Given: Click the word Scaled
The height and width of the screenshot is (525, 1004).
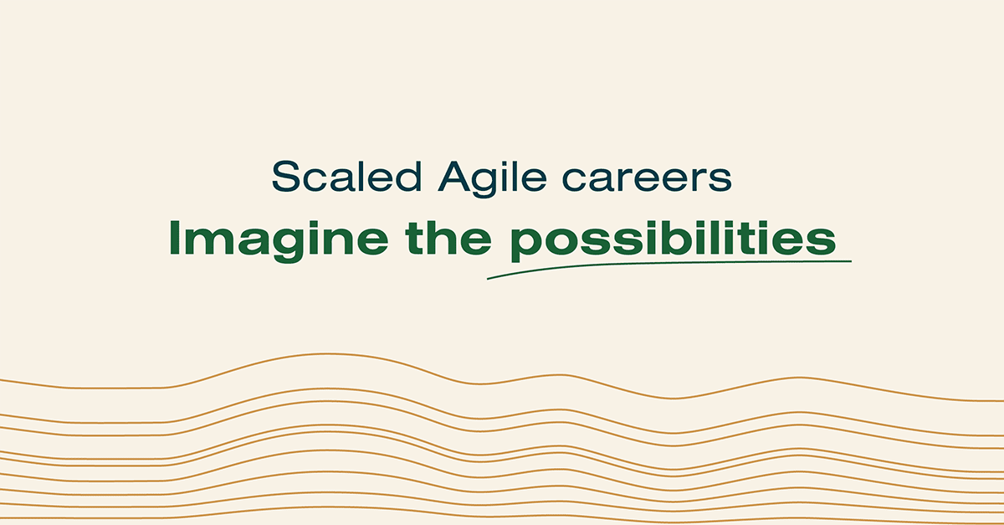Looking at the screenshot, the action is [x=346, y=177].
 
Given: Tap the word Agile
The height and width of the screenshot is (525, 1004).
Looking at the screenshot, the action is [x=493, y=179].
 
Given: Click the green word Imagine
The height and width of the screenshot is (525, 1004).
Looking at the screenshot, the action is [x=279, y=241].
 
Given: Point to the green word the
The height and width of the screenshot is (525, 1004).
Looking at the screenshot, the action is [x=448, y=238].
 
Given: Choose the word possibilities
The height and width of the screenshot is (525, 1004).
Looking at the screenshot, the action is [x=674, y=241].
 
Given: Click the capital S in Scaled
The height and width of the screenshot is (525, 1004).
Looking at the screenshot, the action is [x=285, y=177].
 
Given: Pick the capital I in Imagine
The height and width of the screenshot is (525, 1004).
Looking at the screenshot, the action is [x=174, y=238].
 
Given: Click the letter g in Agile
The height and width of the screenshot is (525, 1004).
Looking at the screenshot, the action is [x=492, y=183].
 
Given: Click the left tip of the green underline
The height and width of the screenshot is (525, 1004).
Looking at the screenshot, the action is [x=488, y=279].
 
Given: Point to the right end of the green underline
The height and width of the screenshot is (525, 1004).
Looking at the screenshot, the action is [x=851, y=260].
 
